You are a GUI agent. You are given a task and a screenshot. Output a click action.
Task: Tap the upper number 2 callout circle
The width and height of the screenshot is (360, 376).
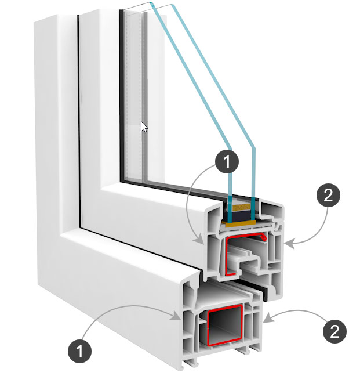click(328, 196)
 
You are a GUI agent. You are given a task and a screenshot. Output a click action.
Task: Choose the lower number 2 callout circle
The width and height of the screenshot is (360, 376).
click(333, 331)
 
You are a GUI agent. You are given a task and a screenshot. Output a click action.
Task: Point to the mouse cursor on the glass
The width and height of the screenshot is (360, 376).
click(143, 126)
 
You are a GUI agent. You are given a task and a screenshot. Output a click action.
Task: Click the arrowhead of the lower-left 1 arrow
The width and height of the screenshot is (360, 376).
click(177, 316)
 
